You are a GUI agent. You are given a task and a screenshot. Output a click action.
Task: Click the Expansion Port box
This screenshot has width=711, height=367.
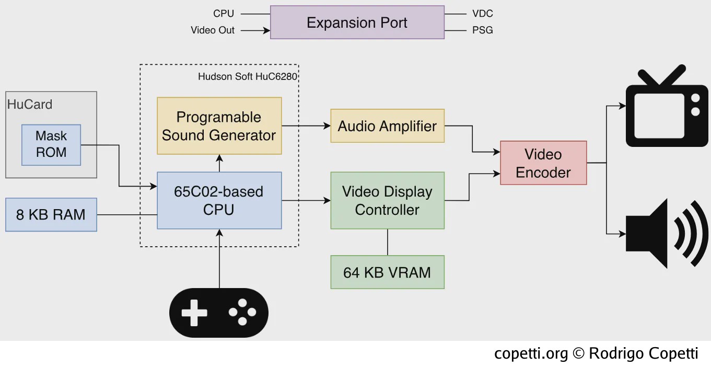[x=357, y=22]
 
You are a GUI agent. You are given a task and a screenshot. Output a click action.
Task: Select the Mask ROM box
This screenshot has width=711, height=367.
[x=51, y=145]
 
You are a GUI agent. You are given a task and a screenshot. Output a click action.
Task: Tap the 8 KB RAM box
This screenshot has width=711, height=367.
[x=51, y=214]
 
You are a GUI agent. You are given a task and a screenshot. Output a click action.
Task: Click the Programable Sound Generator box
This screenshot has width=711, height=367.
[x=219, y=126]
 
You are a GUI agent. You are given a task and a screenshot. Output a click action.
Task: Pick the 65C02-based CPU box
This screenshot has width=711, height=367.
[x=219, y=201]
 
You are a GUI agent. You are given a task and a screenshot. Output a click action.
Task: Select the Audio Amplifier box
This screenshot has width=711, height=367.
[x=387, y=126]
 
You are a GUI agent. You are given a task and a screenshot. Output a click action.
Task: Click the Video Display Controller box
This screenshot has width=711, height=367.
[x=387, y=201]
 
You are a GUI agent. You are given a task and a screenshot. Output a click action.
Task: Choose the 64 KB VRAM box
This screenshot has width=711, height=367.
[x=387, y=272]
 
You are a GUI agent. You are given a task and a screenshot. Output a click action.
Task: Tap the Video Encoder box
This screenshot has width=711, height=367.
[x=543, y=163]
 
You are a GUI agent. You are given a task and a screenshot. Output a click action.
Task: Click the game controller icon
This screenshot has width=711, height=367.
[x=219, y=313]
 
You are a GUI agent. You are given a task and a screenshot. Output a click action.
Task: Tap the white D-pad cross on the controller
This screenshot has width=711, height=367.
[x=194, y=313]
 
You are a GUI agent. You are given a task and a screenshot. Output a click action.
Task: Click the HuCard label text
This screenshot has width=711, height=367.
[x=30, y=104]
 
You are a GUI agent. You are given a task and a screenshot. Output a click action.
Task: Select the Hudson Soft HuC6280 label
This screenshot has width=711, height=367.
[x=248, y=76]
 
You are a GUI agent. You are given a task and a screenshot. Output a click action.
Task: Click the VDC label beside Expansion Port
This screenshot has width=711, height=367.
[x=483, y=14]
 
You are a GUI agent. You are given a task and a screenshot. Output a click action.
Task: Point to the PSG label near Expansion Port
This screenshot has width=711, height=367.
[x=483, y=30]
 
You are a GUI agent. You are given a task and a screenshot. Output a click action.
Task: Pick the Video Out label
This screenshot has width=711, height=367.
[x=212, y=30]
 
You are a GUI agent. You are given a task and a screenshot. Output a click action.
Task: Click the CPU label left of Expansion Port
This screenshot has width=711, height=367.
[x=224, y=14]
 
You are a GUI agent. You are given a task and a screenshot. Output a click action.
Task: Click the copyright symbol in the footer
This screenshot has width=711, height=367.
[x=578, y=353]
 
